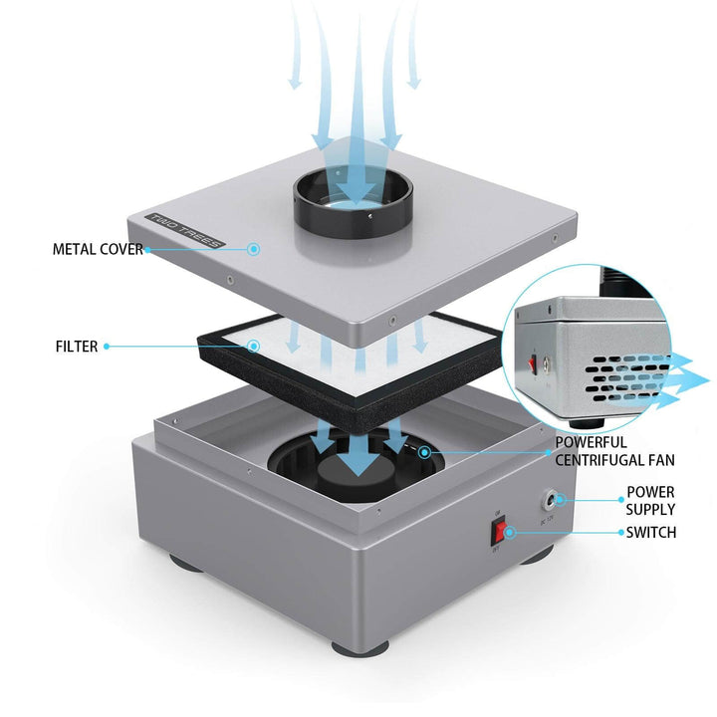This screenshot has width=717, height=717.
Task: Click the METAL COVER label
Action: tap(97, 249)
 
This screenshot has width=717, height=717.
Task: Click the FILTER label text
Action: tap(77, 347)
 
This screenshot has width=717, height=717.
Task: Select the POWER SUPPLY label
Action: tap(650, 501)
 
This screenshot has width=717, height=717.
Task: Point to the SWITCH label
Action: tap(651, 533)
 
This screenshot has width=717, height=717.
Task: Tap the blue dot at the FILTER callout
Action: tap(254, 347)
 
